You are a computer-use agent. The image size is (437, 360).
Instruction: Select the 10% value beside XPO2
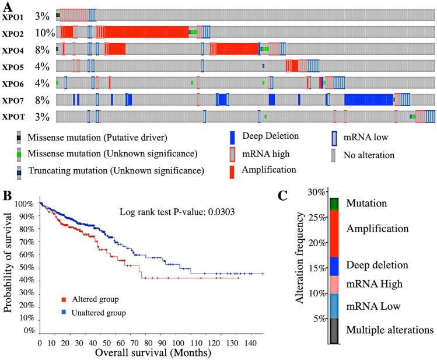click(x=44, y=33)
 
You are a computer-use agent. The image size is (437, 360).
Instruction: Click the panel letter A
click(x=7, y=5)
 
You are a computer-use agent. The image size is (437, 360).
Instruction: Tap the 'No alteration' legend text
click(x=369, y=156)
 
